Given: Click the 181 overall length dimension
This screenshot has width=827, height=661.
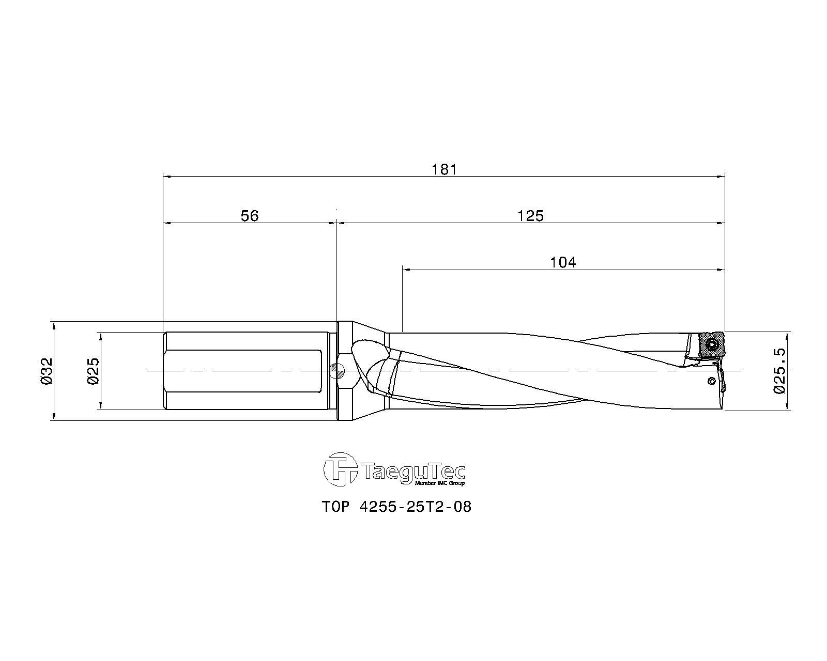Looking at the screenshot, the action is [444, 169].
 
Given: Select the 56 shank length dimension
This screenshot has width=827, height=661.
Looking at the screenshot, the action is [250, 216].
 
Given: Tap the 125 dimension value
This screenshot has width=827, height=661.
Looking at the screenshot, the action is [530, 216].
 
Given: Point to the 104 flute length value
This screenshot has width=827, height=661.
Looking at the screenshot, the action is [563, 262].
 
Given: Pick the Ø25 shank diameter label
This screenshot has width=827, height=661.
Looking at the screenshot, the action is [94, 371].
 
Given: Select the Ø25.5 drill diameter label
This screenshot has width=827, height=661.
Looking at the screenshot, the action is [779, 371].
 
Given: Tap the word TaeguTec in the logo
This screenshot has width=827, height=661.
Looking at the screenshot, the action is [413, 470].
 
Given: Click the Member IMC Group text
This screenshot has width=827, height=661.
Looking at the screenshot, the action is [440, 483].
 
